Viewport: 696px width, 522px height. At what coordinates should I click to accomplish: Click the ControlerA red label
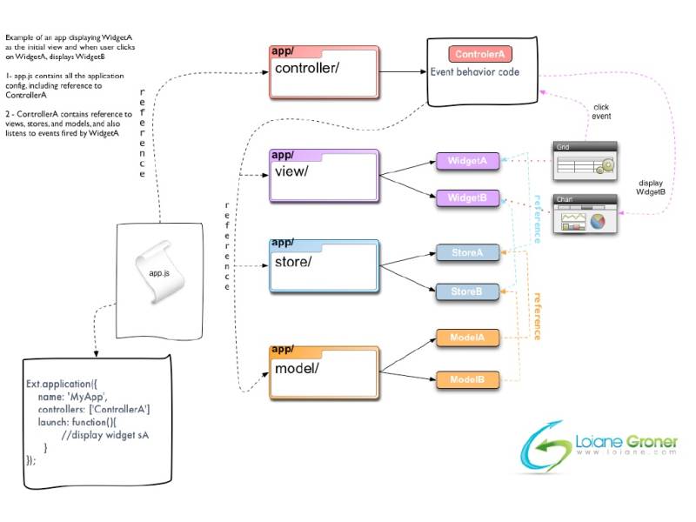click(x=481, y=55)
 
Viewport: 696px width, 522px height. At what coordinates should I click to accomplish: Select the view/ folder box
click(x=325, y=174)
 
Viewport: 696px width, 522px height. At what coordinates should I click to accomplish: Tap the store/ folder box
click(x=325, y=264)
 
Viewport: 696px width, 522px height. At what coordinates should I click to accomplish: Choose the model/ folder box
click(x=325, y=371)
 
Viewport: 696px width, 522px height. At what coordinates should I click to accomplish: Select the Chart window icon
click(x=585, y=214)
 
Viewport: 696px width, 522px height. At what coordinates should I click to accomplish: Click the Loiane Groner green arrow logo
click(x=544, y=447)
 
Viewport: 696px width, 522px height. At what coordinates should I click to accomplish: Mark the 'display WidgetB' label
click(x=650, y=187)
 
